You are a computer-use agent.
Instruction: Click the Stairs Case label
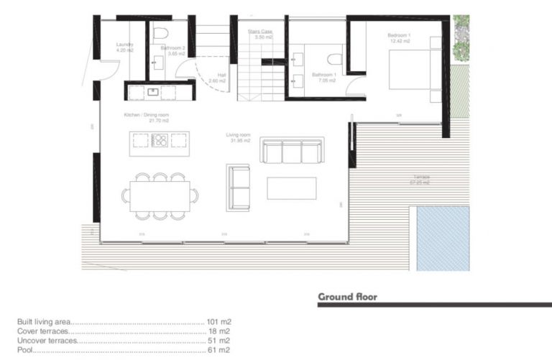pyautogui.click(x=259, y=32)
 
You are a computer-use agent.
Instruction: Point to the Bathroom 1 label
pyautogui.click(x=325, y=75)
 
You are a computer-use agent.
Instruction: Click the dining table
pyautogui.click(x=160, y=195)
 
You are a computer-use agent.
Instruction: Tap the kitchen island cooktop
pyautogui.click(x=160, y=140)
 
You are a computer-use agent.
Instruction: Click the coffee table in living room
pyautogui.click(x=291, y=188)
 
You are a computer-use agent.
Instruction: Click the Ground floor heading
pyautogui.click(x=347, y=296)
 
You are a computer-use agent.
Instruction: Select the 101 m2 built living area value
pyautogui.click(x=219, y=322)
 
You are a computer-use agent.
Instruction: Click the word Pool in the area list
pyautogui.click(x=24, y=350)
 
